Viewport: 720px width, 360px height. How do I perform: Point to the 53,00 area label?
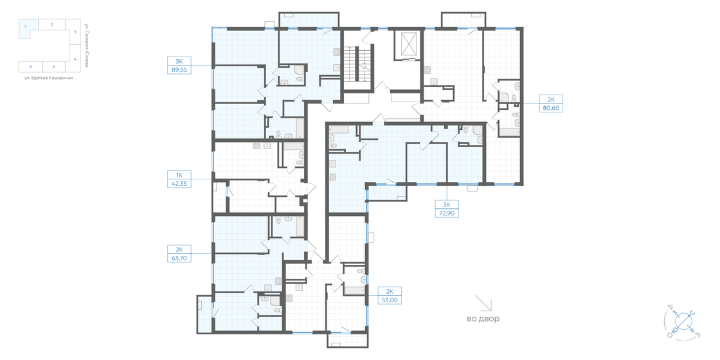390,300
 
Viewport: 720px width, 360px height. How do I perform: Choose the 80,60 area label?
551,108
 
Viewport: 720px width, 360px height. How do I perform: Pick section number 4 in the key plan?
75,59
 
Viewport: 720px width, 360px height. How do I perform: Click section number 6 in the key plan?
30,66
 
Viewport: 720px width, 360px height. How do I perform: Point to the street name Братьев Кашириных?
44,78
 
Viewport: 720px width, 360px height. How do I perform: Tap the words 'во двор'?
483,319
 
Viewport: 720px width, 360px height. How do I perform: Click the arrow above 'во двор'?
483,303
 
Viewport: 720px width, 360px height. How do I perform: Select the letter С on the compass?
692,314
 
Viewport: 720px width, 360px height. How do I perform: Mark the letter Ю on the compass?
674,330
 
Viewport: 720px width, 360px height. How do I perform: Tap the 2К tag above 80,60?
551,99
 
